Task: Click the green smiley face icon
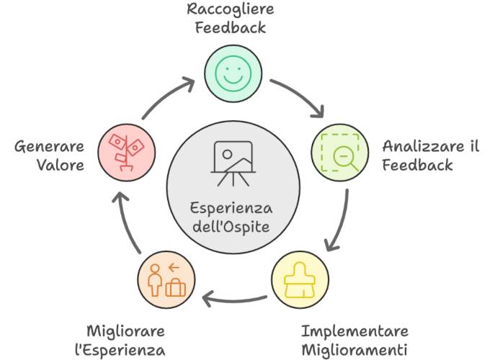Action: [x=233, y=73]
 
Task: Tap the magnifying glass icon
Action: [x=345, y=158]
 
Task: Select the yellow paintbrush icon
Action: [x=300, y=280]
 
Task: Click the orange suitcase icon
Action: [x=176, y=287]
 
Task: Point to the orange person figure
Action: [x=155, y=280]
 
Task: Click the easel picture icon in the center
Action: [x=233, y=163]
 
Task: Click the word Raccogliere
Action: [x=231, y=9]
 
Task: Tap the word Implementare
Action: [x=354, y=331]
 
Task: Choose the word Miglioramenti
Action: [x=354, y=350]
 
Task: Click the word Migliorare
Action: [x=125, y=332]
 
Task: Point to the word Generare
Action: [x=49, y=146]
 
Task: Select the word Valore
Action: [x=61, y=165]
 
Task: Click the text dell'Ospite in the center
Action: [x=231, y=227]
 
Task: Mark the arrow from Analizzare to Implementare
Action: [x=341, y=221]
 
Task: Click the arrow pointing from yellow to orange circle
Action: [x=234, y=300]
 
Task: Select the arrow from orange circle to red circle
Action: [x=125, y=222]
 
